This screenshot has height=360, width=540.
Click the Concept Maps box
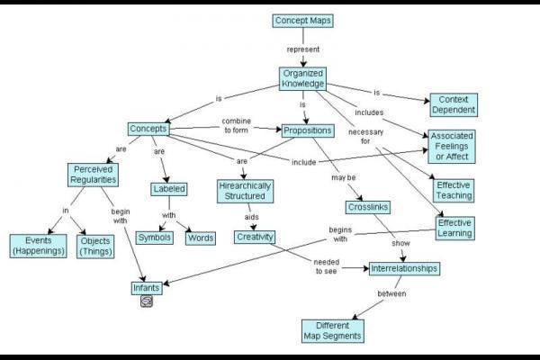[x=302, y=21]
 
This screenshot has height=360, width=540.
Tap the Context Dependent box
[x=453, y=103]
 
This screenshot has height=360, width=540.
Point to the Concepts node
[x=148, y=130]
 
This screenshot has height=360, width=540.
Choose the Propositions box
[x=307, y=130]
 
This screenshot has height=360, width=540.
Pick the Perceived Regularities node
[x=94, y=174]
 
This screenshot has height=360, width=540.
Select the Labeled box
[x=169, y=189]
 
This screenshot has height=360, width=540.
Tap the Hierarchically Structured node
[x=244, y=191]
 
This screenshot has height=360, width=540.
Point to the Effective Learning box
[x=454, y=227]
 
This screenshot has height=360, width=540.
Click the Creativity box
[x=255, y=238]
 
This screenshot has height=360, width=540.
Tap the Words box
[x=200, y=238]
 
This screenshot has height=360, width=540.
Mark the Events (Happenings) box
[x=38, y=245]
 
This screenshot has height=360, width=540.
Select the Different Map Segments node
[x=332, y=330]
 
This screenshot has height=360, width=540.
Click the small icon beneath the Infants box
[x=146, y=302]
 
